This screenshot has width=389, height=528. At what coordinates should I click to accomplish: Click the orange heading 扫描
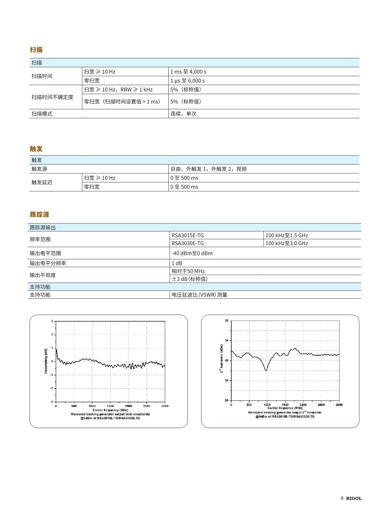point(36,50)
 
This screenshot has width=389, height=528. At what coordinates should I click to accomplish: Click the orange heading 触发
point(36,149)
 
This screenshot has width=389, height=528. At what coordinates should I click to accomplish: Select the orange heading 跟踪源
point(39,215)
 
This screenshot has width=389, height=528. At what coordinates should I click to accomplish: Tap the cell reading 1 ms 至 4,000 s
point(188,72)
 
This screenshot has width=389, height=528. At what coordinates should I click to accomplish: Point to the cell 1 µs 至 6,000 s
point(188,81)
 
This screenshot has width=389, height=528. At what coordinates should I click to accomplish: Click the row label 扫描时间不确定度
point(52,97)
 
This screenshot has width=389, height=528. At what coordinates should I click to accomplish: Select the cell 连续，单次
point(183,114)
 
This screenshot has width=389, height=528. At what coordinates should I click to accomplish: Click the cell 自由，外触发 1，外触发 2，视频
point(208,169)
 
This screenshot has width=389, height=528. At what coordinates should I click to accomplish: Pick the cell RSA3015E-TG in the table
point(188,236)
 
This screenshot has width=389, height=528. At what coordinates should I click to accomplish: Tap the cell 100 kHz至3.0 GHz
point(286,243)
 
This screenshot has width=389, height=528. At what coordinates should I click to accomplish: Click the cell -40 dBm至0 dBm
point(192,253)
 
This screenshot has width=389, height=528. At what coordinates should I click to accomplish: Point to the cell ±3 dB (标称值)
point(189,279)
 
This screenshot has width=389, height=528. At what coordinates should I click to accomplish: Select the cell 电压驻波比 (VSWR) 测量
point(199,295)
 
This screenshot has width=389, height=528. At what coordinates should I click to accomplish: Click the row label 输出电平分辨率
point(48,264)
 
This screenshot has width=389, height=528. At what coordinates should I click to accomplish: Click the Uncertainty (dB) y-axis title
point(46,361)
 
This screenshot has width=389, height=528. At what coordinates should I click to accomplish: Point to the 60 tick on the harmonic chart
point(226,400)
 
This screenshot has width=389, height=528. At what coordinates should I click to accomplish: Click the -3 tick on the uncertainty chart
point(52,402)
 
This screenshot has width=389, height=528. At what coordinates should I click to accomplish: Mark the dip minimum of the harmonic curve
point(266,370)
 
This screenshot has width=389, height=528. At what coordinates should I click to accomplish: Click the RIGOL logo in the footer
point(354,498)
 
